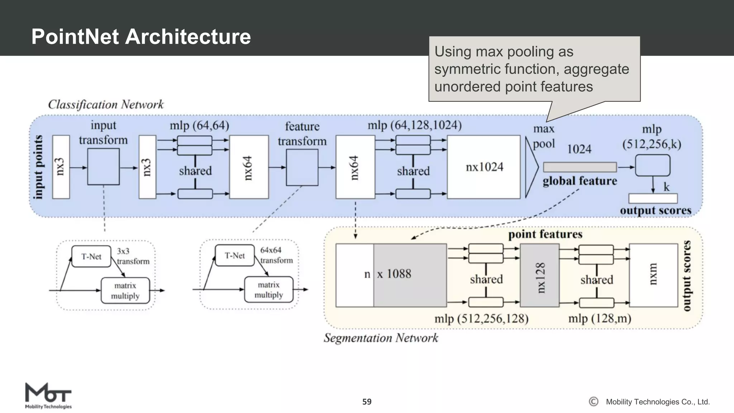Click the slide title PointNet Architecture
[141, 37]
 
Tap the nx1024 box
[483, 167]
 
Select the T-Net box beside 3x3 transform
[91, 256]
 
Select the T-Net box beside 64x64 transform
[234, 256]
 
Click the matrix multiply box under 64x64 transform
[268, 290]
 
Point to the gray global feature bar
[580, 167]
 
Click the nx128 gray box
[539, 275]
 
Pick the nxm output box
[653, 275]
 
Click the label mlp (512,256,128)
[481, 318]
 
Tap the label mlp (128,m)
[600, 318]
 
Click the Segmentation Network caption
[381, 338]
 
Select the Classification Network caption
[106, 104]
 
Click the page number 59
[367, 402]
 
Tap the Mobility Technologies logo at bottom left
[48, 396]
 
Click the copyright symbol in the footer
[594, 402]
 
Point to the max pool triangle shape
[531, 167]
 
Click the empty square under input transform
[103, 167]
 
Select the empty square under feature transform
[302, 167]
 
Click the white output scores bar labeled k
[653, 198]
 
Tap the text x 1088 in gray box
[394, 274]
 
